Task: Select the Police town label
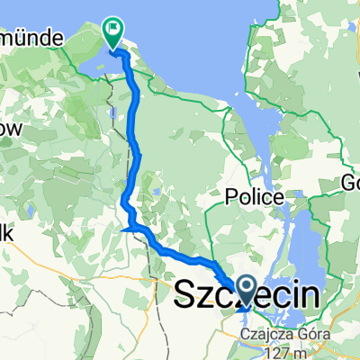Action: coord(259,197)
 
